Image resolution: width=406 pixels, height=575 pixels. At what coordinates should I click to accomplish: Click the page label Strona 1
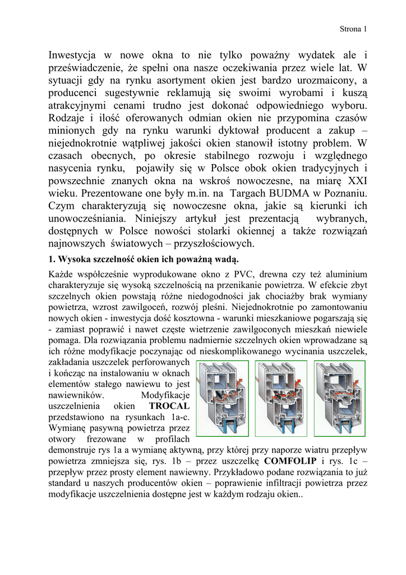pyautogui.click(x=353, y=29)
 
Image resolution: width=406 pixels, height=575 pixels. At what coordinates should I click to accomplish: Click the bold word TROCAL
pyautogui.click(x=170, y=405)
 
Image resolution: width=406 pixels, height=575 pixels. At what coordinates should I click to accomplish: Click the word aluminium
pyautogui.click(x=343, y=275)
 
